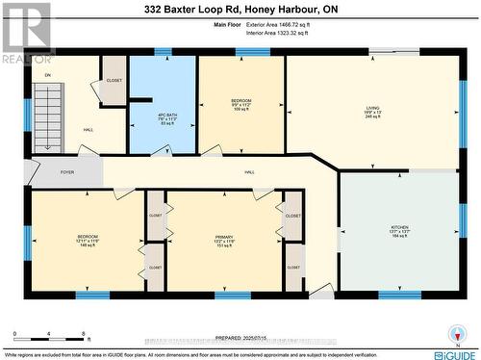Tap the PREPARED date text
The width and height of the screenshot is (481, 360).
(x=240, y=336)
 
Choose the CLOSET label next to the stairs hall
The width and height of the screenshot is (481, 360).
(x=114, y=80)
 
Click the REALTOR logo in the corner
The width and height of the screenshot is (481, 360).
(x=26, y=30)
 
